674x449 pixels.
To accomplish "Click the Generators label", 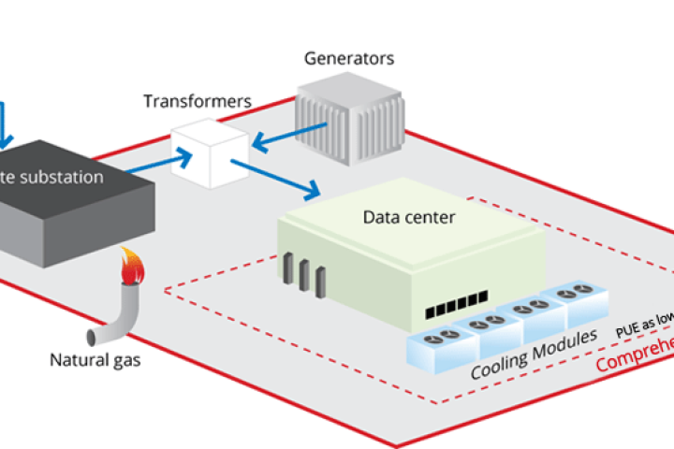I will point(349,59).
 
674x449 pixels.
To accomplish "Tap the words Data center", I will point(408,218).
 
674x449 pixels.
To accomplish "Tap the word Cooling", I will point(502,364).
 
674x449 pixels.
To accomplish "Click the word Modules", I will point(565,343).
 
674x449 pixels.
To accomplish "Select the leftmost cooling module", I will point(436,345).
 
